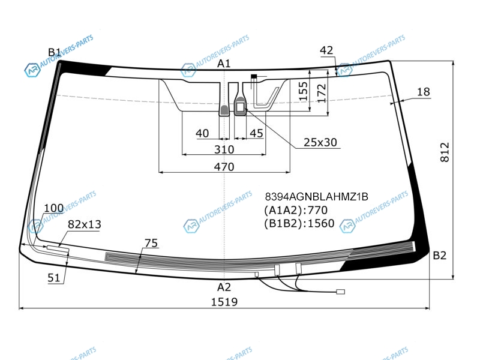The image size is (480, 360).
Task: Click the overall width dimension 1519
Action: [224, 302]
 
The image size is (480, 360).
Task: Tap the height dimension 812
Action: [445, 152]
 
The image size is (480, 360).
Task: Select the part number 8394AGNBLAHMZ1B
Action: [317, 197]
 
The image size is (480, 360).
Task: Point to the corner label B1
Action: [55, 52]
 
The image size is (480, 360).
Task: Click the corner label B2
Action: [440, 255]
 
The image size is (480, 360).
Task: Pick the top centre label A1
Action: [224, 64]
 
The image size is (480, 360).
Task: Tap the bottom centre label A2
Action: [224, 287]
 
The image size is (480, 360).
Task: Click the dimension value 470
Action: [224, 167]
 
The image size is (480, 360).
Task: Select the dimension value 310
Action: [224, 149]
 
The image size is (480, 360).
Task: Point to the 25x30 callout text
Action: [320, 142]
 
